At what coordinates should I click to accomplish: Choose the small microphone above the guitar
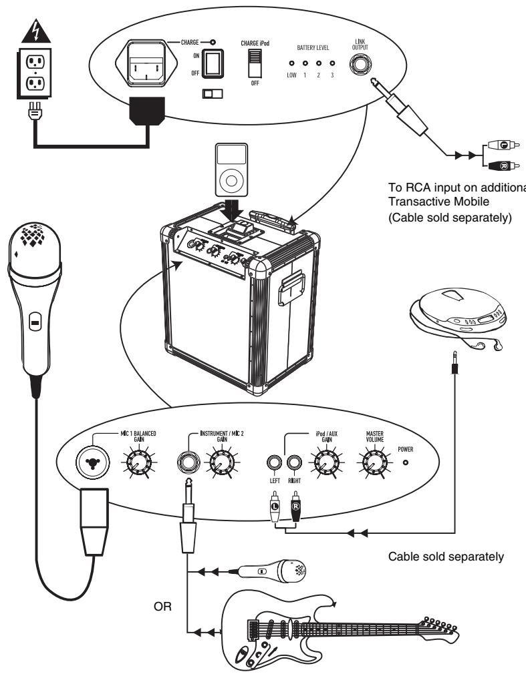(x=270, y=570)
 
